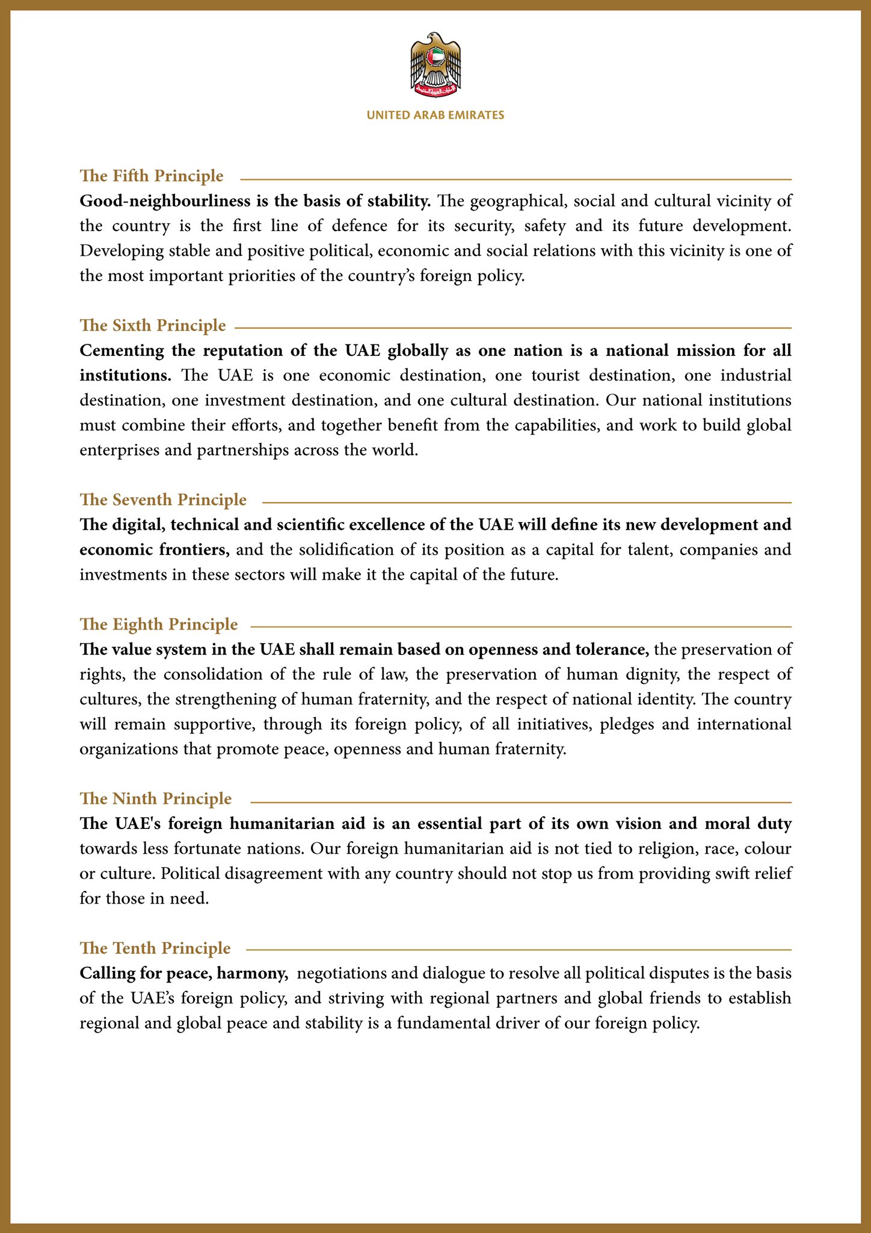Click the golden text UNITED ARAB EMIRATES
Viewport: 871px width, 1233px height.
tap(435, 115)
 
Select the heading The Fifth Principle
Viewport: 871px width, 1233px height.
tap(152, 176)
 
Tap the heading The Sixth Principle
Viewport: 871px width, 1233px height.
tap(153, 326)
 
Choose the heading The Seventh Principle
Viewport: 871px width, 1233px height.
tap(163, 500)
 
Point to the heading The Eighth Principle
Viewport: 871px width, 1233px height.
tap(159, 624)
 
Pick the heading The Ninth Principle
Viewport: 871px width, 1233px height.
tap(156, 799)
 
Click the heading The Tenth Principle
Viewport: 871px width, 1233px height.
tap(155, 948)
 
